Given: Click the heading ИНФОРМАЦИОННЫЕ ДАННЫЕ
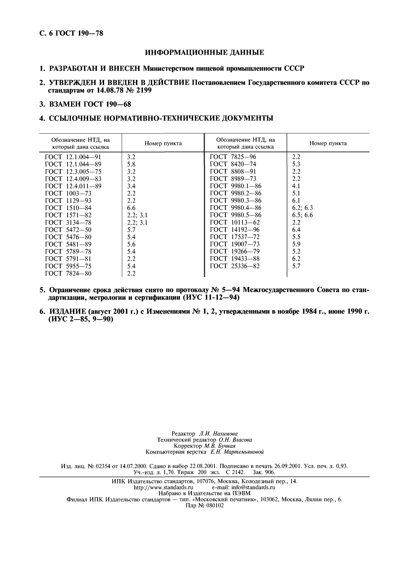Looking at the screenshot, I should click(205, 53).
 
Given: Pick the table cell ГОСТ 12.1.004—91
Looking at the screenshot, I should click(73, 157).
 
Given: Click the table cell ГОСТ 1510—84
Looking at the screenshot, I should click(68, 208).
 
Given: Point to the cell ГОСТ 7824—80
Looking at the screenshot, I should click(68, 273).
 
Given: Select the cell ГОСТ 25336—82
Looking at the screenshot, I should click(235, 266).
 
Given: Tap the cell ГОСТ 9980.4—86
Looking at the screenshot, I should click(235, 208).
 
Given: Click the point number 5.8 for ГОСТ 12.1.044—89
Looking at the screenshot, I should click(131, 164).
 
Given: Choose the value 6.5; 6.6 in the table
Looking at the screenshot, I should click(302, 215).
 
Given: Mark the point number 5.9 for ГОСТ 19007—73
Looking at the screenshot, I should click(296, 244).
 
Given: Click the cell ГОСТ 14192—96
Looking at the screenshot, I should click(235, 230).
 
